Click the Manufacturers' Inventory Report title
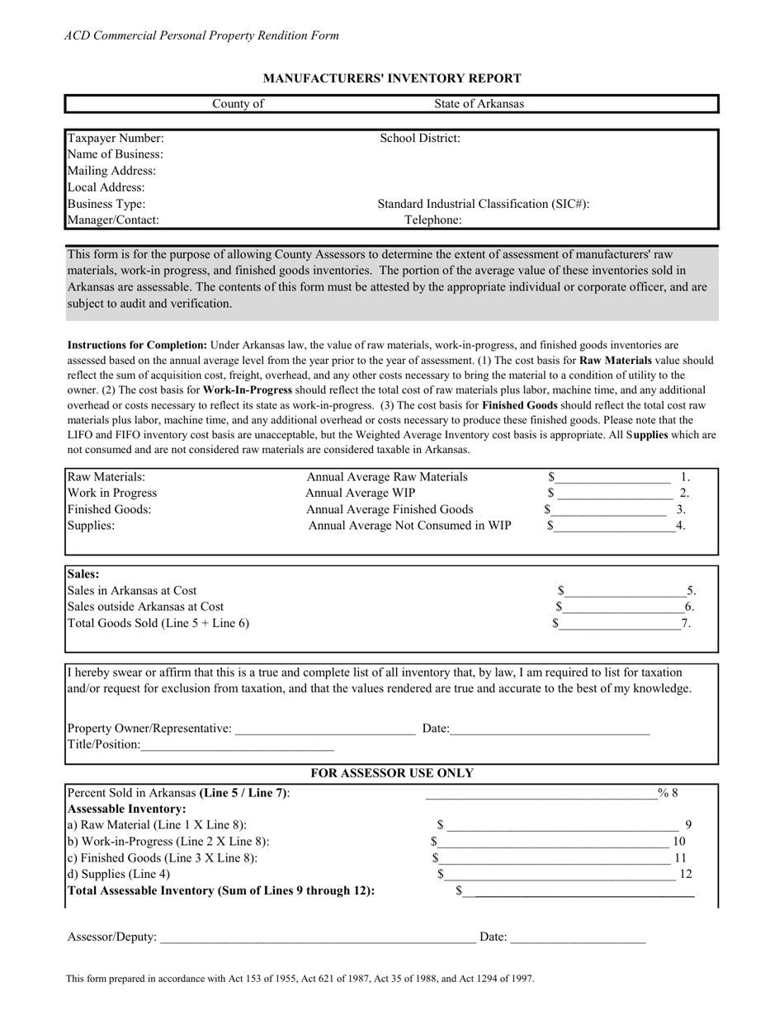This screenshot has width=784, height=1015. tap(391, 78)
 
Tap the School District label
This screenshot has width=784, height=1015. tap(420, 138)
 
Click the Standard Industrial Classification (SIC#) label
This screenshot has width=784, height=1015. tap(484, 203)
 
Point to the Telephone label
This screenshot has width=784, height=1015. tap(433, 220)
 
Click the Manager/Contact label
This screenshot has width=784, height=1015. tap(113, 220)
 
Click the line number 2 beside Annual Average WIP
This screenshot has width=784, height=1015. tap(683, 493)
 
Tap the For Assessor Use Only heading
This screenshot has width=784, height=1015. tap(392, 773)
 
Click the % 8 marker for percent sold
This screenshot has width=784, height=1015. tap(668, 793)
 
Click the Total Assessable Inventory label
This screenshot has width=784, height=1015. tap(221, 890)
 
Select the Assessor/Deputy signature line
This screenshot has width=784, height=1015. tap(318, 939)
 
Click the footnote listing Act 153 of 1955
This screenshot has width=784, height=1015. tap(300, 979)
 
